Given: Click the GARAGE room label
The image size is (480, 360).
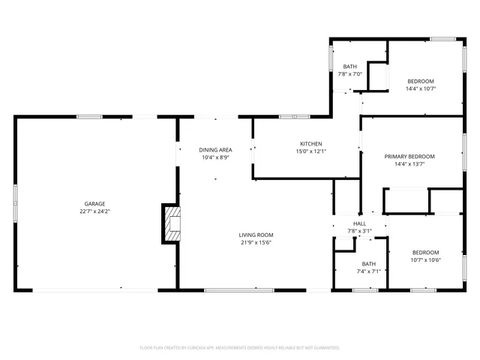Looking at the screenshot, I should pyautogui.click(x=94, y=203).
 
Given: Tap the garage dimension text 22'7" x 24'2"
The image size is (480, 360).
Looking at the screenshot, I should pyautogui.click(x=94, y=211).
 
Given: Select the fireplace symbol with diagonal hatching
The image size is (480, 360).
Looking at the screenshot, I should pyautogui.click(x=172, y=223).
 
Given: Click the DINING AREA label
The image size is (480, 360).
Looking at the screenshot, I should pyautogui.click(x=215, y=149).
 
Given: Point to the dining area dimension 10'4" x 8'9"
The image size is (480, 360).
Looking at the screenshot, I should pyautogui.click(x=215, y=157).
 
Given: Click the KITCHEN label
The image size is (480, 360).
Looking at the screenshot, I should pyautogui.click(x=311, y=143).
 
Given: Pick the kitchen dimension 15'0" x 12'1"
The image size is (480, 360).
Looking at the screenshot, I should pyautogui.click(x=311, y=151).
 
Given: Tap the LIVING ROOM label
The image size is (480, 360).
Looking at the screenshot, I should pyautogui.click(x=256, y=234).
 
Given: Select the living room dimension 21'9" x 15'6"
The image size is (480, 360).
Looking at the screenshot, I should pyautogui.click(x=256, y=242).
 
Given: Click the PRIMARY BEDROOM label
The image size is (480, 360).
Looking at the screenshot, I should pyautogui.click(x=409, y=156).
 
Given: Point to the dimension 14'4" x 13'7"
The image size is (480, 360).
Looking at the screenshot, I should pyautogui.click(x=409, y=164).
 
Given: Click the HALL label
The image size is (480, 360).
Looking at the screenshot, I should pyautogui.click(x=360, y=223).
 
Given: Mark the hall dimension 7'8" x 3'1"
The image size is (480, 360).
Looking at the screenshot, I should pyautogui.click(x=360, y=231).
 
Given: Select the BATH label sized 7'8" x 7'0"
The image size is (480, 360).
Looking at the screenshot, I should pyautogui.click(x=350, y=66).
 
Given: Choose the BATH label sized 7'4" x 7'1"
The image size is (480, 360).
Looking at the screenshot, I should pyautogui.click(x=369, y=263).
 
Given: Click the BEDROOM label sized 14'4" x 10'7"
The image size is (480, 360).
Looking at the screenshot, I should pyautogui.click(x=421, y=80).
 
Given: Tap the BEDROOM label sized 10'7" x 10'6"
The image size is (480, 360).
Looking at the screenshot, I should pyautogui.click(x=425, y=252).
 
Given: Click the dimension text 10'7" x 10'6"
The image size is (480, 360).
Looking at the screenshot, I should pyautogui.click(x=425, y=260).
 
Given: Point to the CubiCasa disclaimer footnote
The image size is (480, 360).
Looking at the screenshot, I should pyautogui.click(x=240, y=347).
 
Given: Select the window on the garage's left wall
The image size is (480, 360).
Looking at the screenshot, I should pyautogui.click(x=16, y=203).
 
